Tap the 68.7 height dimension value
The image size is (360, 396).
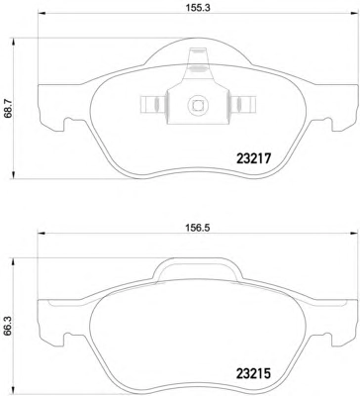[x=9, y=109]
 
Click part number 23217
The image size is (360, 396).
[x=253, y=159]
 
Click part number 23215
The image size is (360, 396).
[x=253, y=373]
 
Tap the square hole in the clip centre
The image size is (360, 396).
[x=198, y=105]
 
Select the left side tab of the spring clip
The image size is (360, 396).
[x=152, y=105]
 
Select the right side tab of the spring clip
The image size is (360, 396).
[x=243, y=105]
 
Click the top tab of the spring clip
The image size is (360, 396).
[x=198, y=56]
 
